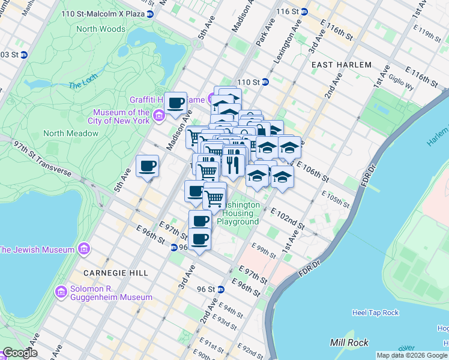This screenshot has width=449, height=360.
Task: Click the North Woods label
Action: (x=100, y=29)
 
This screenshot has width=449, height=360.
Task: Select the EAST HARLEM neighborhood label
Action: (x=342, y=64)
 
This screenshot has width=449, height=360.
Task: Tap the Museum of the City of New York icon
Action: (x=159, y=115)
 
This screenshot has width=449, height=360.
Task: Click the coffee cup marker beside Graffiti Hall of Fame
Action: (x=176, y=103)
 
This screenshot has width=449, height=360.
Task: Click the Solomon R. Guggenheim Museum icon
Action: (x=61, y=292)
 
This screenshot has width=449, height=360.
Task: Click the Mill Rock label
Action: (x=346, y=343)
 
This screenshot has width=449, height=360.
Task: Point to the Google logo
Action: (x=20, y=353)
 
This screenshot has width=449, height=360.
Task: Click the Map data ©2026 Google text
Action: (x=412, y=355)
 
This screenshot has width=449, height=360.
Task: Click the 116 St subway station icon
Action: (x=304, y=11)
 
